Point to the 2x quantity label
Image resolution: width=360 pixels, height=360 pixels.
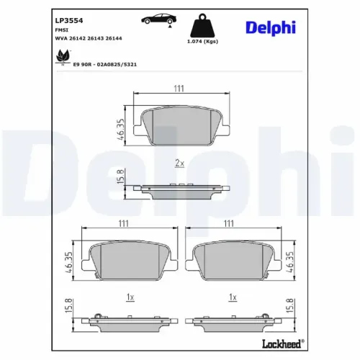(x=179, y=163)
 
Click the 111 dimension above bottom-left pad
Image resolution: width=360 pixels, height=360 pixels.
(x=123, y=224)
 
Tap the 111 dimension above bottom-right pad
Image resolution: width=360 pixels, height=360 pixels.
(x=230, y=224)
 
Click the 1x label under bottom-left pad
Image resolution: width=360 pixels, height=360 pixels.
(x=130, y=297)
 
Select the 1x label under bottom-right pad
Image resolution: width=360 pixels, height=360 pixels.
(x=232, y=297)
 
